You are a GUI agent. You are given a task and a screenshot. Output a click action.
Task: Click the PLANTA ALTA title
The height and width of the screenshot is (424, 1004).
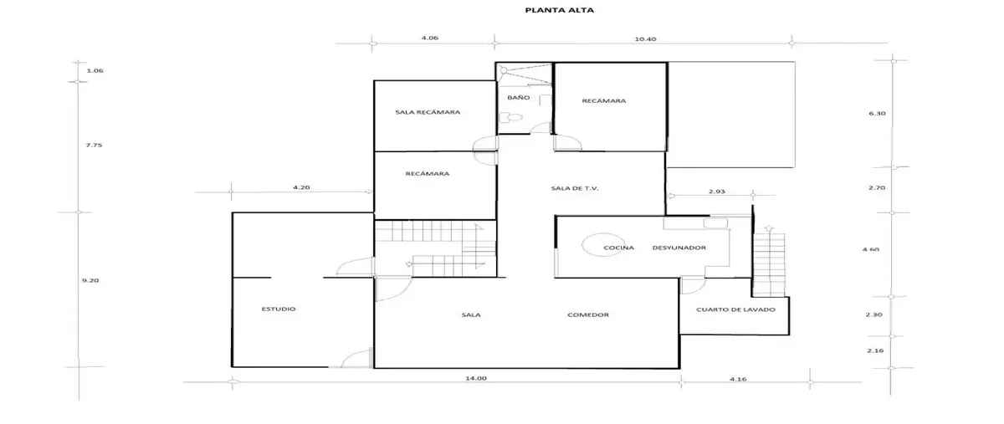(560, 10)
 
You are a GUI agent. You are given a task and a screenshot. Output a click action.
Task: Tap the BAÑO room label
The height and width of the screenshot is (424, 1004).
(518, 97)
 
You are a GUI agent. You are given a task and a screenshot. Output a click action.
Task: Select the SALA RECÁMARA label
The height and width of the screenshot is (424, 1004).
(428, 112)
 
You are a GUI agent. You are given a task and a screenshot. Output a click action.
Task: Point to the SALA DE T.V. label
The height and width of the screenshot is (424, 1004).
(575, 188)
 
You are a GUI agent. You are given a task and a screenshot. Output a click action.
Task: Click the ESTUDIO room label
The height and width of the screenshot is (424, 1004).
(279, 309)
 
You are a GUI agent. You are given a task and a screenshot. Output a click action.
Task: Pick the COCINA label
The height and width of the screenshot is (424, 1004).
(618, 248)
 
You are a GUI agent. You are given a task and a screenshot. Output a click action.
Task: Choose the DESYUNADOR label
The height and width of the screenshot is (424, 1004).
(679, 248)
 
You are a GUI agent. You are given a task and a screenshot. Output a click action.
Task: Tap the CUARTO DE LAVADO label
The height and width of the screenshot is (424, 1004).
(735, 309)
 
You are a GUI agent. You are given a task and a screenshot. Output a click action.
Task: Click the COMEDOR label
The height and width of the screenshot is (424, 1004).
(588, 314)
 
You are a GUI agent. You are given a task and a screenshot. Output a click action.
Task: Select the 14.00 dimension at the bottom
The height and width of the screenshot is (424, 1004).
(475, 378)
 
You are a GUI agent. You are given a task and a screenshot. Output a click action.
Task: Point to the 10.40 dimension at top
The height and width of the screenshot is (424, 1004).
(645, 39)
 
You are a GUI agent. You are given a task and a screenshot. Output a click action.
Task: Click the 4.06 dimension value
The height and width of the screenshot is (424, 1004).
(430, 38)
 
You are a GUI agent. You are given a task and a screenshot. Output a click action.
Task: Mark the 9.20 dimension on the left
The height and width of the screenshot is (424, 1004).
(90, 280)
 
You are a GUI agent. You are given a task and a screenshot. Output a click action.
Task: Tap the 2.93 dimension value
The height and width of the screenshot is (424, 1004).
(717, 192)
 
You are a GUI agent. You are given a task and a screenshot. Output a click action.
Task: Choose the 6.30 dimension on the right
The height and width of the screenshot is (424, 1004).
(877, 114)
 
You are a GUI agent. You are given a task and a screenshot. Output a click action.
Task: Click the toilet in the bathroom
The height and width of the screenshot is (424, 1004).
(510, 117)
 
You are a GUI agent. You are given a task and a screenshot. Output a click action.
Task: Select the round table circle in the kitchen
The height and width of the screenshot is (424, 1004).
(581, 245)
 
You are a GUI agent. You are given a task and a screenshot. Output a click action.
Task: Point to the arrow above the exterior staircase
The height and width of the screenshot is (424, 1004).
(769, 228)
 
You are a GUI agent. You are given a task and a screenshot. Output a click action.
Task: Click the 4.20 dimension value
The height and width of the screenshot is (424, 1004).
(301, 187)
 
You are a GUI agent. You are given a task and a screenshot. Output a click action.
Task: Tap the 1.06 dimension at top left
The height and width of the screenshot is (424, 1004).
(95, 70)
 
